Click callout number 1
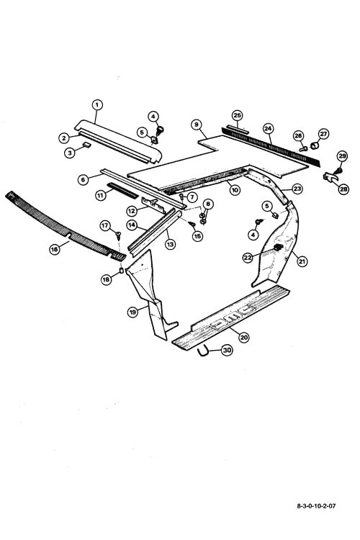coord(97,104)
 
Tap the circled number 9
coord(197,124)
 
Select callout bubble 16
coord(55,249)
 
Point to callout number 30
coord(226,350)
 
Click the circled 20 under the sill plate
coord(244,337)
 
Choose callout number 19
coord(133,312)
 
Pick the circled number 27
coord(323,134)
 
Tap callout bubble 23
coord(297,189)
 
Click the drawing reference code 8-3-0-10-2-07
coord(316,506)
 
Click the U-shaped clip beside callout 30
coord(204,354)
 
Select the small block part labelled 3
coord(86,145)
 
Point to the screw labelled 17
coord(119,236)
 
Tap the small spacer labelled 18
coord(122,270)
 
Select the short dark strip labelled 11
coord(122,191)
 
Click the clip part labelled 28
coord(330,178)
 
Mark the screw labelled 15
coord(192,224)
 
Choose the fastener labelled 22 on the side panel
coord(279,247)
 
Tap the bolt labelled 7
coord(181,197)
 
